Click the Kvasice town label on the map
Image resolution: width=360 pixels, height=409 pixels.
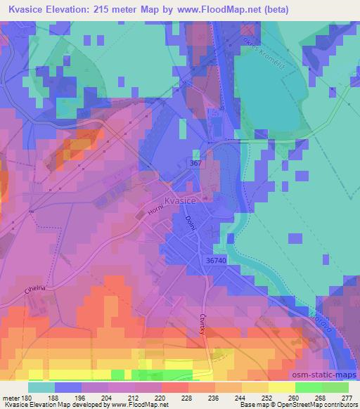(x=179, y=201)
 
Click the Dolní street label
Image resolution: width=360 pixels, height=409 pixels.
(x=188, y=225)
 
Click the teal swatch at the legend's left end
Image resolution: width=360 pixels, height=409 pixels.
(x=41, y=387)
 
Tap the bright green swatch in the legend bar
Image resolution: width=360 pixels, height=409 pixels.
(x=308, y=387)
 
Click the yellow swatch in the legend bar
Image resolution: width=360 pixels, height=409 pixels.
(x=281, y=387)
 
